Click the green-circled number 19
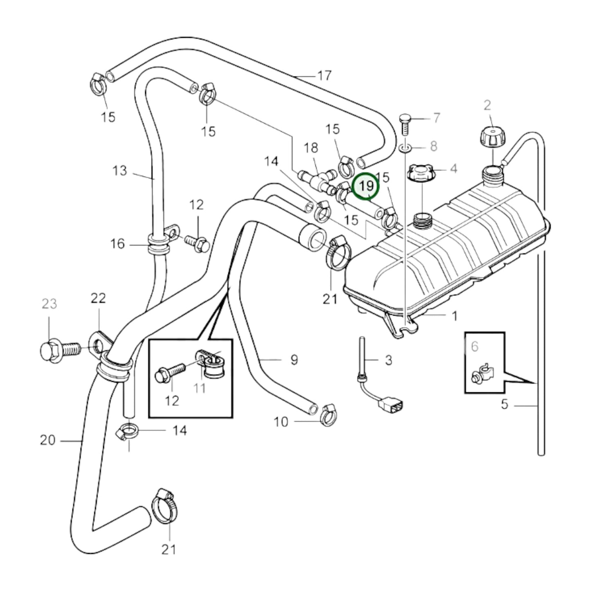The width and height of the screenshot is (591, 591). pos(366,187)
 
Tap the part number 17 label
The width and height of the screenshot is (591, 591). pos(324,76)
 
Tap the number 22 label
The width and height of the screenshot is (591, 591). pos(98,298)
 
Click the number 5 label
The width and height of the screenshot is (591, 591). pos(504,404)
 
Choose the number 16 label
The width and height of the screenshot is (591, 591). pos(117,244)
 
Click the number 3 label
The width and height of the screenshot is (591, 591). pos(388,360)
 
